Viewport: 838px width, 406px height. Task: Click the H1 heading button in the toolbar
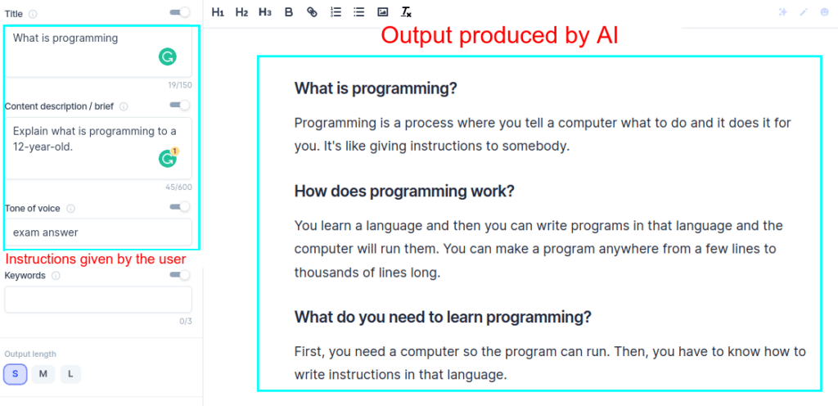[x=218, y=12]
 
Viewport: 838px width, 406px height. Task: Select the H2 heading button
[x=241, y=12]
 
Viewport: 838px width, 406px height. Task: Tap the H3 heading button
[x=265, y=12]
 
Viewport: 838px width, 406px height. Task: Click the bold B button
[x=289, y=12]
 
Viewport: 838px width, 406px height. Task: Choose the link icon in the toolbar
[x=312, y=12]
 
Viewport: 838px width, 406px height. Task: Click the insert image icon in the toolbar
[x=383, y=12]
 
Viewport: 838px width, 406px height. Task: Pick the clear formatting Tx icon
[x=406, y=12]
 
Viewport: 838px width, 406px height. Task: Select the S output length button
[x=15, y=374]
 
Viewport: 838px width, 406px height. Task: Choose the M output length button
[x=43, y=374]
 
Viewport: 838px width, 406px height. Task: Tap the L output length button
[x=70, y=374]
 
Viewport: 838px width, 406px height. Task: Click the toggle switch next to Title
[x=180, y=12]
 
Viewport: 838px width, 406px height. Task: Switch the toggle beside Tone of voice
[x=180, y=207]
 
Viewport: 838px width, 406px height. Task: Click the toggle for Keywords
[x=180, y=275]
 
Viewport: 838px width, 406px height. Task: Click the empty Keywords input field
[x=98, y=300]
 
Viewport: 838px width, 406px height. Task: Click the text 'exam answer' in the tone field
[x=46, y=232]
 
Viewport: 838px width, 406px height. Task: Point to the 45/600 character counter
[x=178, y=187]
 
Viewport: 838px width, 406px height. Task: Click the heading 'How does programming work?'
[x=404, y=192]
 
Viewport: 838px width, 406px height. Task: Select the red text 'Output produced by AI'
[x=499, y=36]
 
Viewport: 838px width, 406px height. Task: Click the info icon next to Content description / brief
[x=124, y=106]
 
